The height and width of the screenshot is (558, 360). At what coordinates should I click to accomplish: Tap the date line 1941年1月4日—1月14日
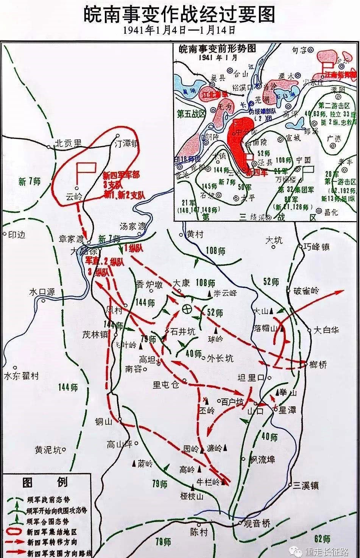click(x=179, y=31)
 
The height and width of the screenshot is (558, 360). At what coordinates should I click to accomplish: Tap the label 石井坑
click(x=183, y=332)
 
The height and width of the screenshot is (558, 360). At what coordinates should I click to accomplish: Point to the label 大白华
click(x=326, y=330)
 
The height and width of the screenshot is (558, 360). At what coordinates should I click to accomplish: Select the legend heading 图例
click(x=45, y=482)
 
